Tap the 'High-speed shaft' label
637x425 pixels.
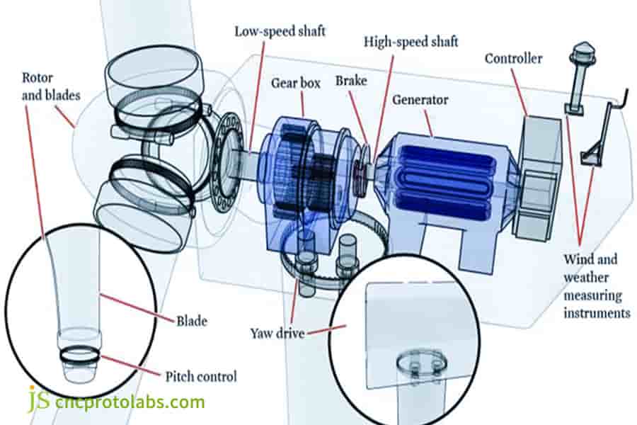[411, 42]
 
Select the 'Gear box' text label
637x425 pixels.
[296, 83]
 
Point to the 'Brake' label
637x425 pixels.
[351, 81]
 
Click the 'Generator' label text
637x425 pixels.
[420, 100]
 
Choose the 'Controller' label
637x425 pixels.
[514, 58]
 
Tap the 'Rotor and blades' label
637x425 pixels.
[50, 86]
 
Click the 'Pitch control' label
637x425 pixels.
[201, 376]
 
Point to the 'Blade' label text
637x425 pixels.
[191, 321]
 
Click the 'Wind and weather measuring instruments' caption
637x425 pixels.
[597, 285]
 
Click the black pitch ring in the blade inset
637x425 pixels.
[79, 353]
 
